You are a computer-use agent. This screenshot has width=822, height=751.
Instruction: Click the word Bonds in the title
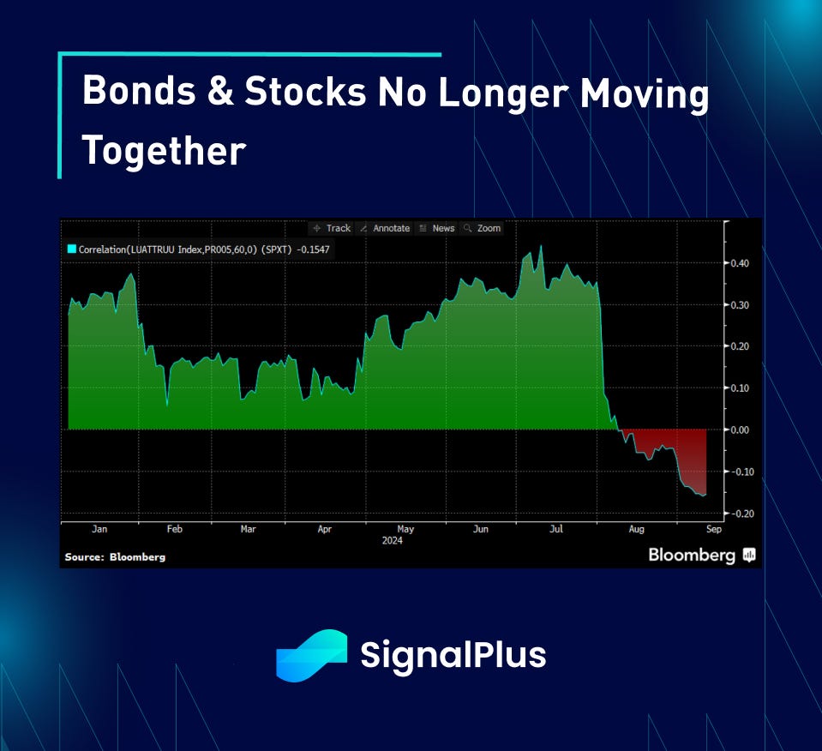(139, 90)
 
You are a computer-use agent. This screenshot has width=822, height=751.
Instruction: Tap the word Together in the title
(164, 151)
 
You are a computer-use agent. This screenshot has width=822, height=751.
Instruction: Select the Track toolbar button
(332, 228)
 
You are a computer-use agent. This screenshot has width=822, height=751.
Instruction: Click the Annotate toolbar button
(386, 228)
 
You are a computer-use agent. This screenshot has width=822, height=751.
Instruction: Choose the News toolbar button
(437, 228)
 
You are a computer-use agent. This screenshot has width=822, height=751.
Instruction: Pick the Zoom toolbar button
(483, 228)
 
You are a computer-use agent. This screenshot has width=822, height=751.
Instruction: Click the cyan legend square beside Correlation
(72, 249)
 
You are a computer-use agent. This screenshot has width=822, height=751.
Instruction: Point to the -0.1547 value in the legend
(313, 249)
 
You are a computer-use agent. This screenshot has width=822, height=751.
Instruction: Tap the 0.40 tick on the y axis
(740, 263)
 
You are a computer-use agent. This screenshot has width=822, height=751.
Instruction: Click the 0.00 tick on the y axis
(740, 430)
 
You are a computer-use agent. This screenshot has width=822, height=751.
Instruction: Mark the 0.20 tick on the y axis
(740, 346)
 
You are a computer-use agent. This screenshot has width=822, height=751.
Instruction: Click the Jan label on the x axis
(99, 529)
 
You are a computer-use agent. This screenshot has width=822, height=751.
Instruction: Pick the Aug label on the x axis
(636, 529)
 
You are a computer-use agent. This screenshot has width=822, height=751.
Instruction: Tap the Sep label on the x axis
(714, 529)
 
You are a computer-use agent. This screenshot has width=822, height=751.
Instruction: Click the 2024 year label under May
(392, 541)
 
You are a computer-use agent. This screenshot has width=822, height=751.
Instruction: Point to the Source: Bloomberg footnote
(115, 557)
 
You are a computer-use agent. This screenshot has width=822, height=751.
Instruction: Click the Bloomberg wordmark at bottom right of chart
(692, 555)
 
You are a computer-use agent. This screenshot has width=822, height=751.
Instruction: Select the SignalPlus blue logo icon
(311, 656)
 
